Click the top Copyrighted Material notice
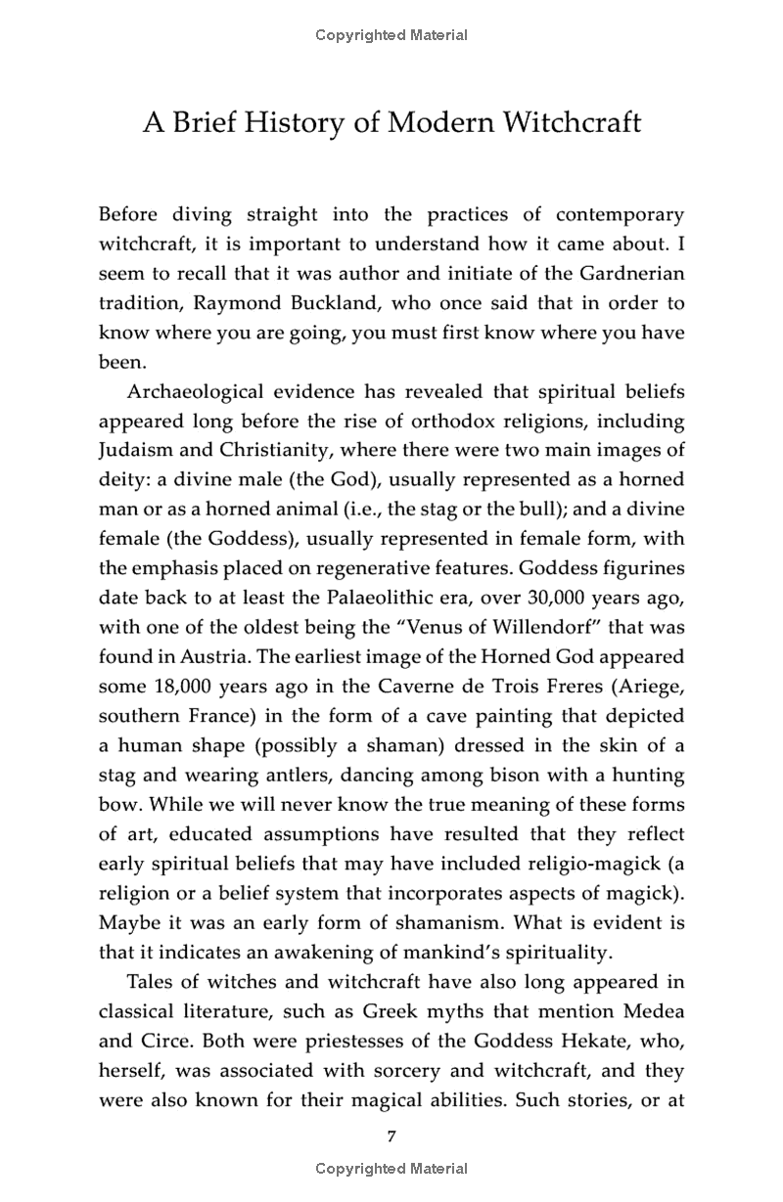pos(391,35)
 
